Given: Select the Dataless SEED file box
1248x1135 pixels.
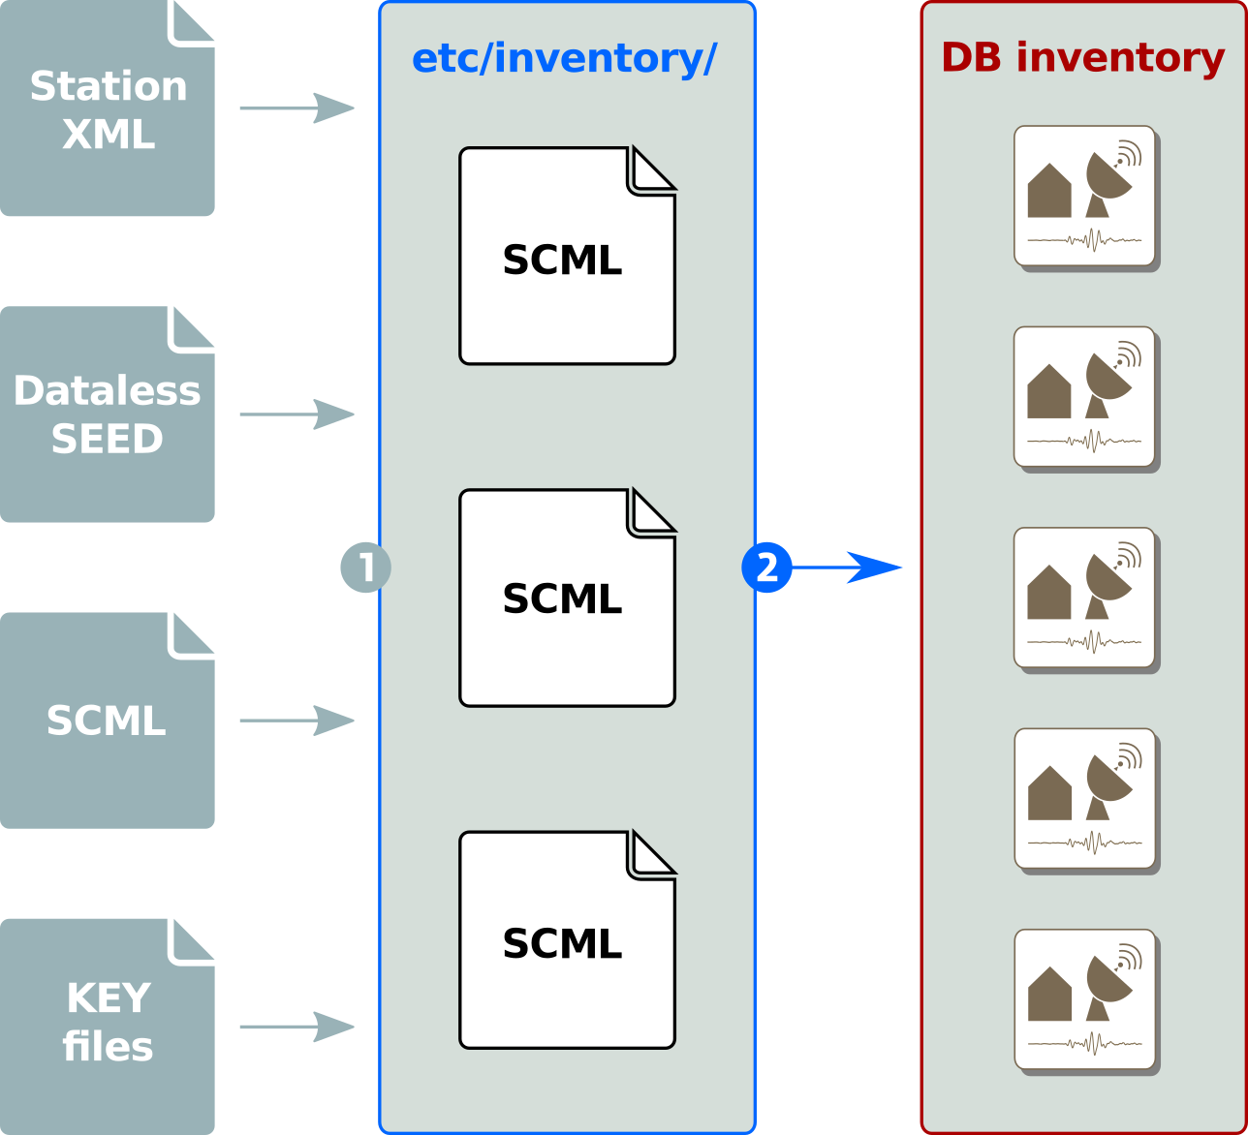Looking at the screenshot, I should (107, 414).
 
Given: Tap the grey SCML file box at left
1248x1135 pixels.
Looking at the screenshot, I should (107, 721).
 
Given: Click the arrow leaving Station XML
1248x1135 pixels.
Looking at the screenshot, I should (296, 108).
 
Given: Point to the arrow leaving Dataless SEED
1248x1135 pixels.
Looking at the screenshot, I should (296, 414).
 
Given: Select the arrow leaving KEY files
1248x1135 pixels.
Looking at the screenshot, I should (296, 1027).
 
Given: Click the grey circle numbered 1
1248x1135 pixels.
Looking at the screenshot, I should (365, 567).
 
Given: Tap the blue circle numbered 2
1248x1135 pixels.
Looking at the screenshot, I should (766, 567).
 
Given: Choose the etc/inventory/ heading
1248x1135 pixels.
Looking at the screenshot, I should (564, 59).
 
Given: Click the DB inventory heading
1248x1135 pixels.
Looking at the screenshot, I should (1082, 58).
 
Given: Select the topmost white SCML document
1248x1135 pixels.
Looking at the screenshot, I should (566, 257).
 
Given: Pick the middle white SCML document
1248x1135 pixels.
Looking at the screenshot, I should (566, 598).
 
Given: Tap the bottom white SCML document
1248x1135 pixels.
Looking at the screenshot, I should (566, 940).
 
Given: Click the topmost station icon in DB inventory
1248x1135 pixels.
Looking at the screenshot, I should (1084, 196).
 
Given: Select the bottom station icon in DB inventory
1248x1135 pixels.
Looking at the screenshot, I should (1084, 999).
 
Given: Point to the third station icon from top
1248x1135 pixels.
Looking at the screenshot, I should (1084, 598).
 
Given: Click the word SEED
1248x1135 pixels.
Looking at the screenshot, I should (107, 440).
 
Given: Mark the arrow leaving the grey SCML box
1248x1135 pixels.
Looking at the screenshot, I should (296, 721).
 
